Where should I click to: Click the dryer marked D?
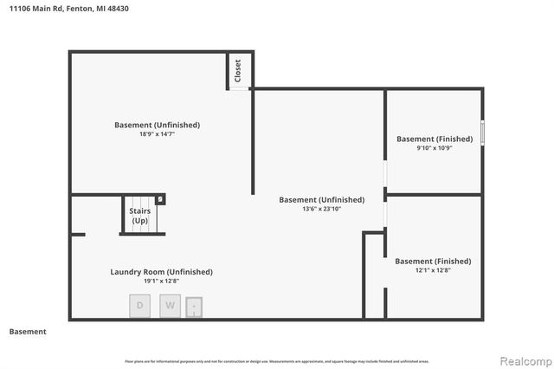pos(140,305)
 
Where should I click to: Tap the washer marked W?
pos(170,305)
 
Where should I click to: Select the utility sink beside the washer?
pos(195,306)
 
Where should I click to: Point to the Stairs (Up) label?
pos(139,216)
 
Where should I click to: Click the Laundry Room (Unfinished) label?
pos(161,272)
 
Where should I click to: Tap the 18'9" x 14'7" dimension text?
pos(157,134)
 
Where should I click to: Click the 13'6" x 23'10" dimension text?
pos(321,209)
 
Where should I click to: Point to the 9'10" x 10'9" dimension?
pos(435,148)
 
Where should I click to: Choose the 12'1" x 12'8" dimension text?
pos(433,270)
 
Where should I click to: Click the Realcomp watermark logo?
pos(522,359)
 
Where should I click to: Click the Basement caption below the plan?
pos(28,332)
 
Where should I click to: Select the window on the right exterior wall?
pos(482,133)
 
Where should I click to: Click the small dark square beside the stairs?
pos(160,199)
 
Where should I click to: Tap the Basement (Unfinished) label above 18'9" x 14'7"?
pos(157,125)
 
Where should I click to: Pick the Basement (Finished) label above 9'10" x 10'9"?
pos(435,139)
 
